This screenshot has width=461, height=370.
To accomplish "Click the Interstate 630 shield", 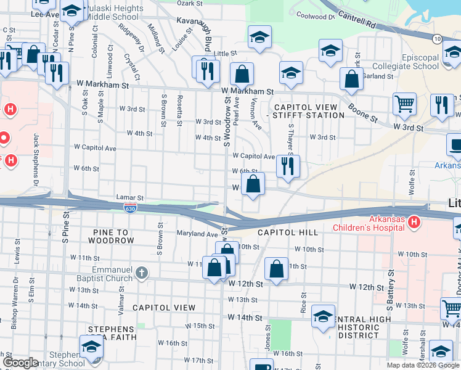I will tap(130, 208).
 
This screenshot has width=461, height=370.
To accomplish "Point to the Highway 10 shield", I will tap(437, 39).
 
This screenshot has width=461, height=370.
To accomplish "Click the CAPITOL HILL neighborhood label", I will tap(288, 232).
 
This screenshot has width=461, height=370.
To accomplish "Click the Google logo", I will tap(21, 363).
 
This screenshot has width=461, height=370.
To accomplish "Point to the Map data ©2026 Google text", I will tap(423, 365).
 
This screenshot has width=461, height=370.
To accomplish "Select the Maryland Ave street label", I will tap(198, 234).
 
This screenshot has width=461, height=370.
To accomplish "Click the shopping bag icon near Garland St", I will tap(351, 79).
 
